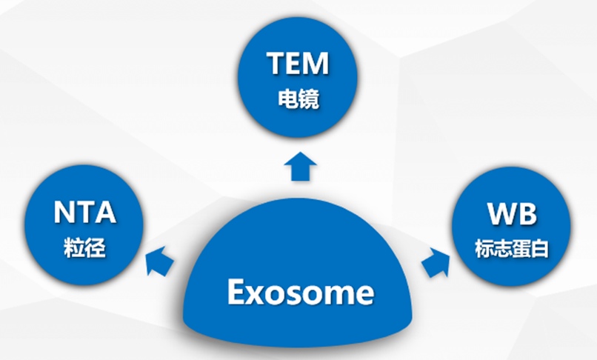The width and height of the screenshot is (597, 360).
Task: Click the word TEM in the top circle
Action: pyautogui.click(x=298, y=64)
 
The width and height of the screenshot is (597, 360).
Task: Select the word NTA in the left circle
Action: pyautogui.click(x=84, y=213)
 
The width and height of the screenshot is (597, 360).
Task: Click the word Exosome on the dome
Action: pyautogui.click(x=300, y=293)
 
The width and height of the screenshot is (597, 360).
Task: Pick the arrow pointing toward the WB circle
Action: pyautogui.click(x=436, y=261)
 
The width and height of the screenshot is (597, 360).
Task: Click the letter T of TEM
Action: pyautogui.click(x=276, y=64)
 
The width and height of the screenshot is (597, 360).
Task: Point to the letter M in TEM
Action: pyautogui.click(x=318, y=64)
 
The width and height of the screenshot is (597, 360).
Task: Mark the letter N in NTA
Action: pyautogui.click(x=63, y=213)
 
